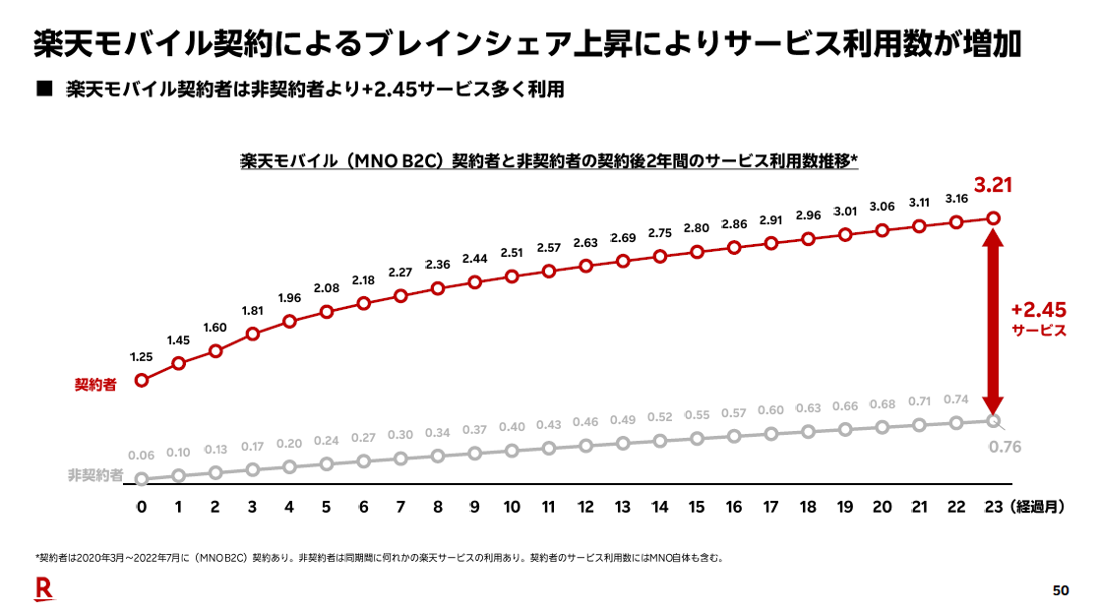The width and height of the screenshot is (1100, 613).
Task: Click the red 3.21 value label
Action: tap(993, 185)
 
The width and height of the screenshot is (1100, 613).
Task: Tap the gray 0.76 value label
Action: tap(1005, 448)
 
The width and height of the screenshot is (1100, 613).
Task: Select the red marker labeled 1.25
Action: tap(142, 380)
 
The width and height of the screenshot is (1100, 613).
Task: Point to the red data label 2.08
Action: tap(327, 289)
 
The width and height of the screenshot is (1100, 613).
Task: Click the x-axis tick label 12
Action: tap(585, 508)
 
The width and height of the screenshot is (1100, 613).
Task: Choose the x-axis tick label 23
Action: tap(992, 508)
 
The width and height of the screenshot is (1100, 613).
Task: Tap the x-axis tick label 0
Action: tap(142, 508)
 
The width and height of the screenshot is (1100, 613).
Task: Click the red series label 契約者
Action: tap(95, 384)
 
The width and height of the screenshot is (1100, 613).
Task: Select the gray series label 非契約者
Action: tap(95, 475)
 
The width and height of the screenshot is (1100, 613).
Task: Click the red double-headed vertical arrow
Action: tap(993, 320)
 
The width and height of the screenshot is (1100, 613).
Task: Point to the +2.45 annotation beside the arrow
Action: tap(1039, 310)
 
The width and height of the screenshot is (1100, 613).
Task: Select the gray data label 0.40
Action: tap(512, 427)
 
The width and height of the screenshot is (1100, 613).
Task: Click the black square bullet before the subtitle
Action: tap(42, 90)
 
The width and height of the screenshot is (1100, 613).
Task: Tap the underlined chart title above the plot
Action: tap(550, 161)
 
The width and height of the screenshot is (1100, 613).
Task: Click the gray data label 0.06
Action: tap(142, 456)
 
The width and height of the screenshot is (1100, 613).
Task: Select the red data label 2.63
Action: tap(585, 244)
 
